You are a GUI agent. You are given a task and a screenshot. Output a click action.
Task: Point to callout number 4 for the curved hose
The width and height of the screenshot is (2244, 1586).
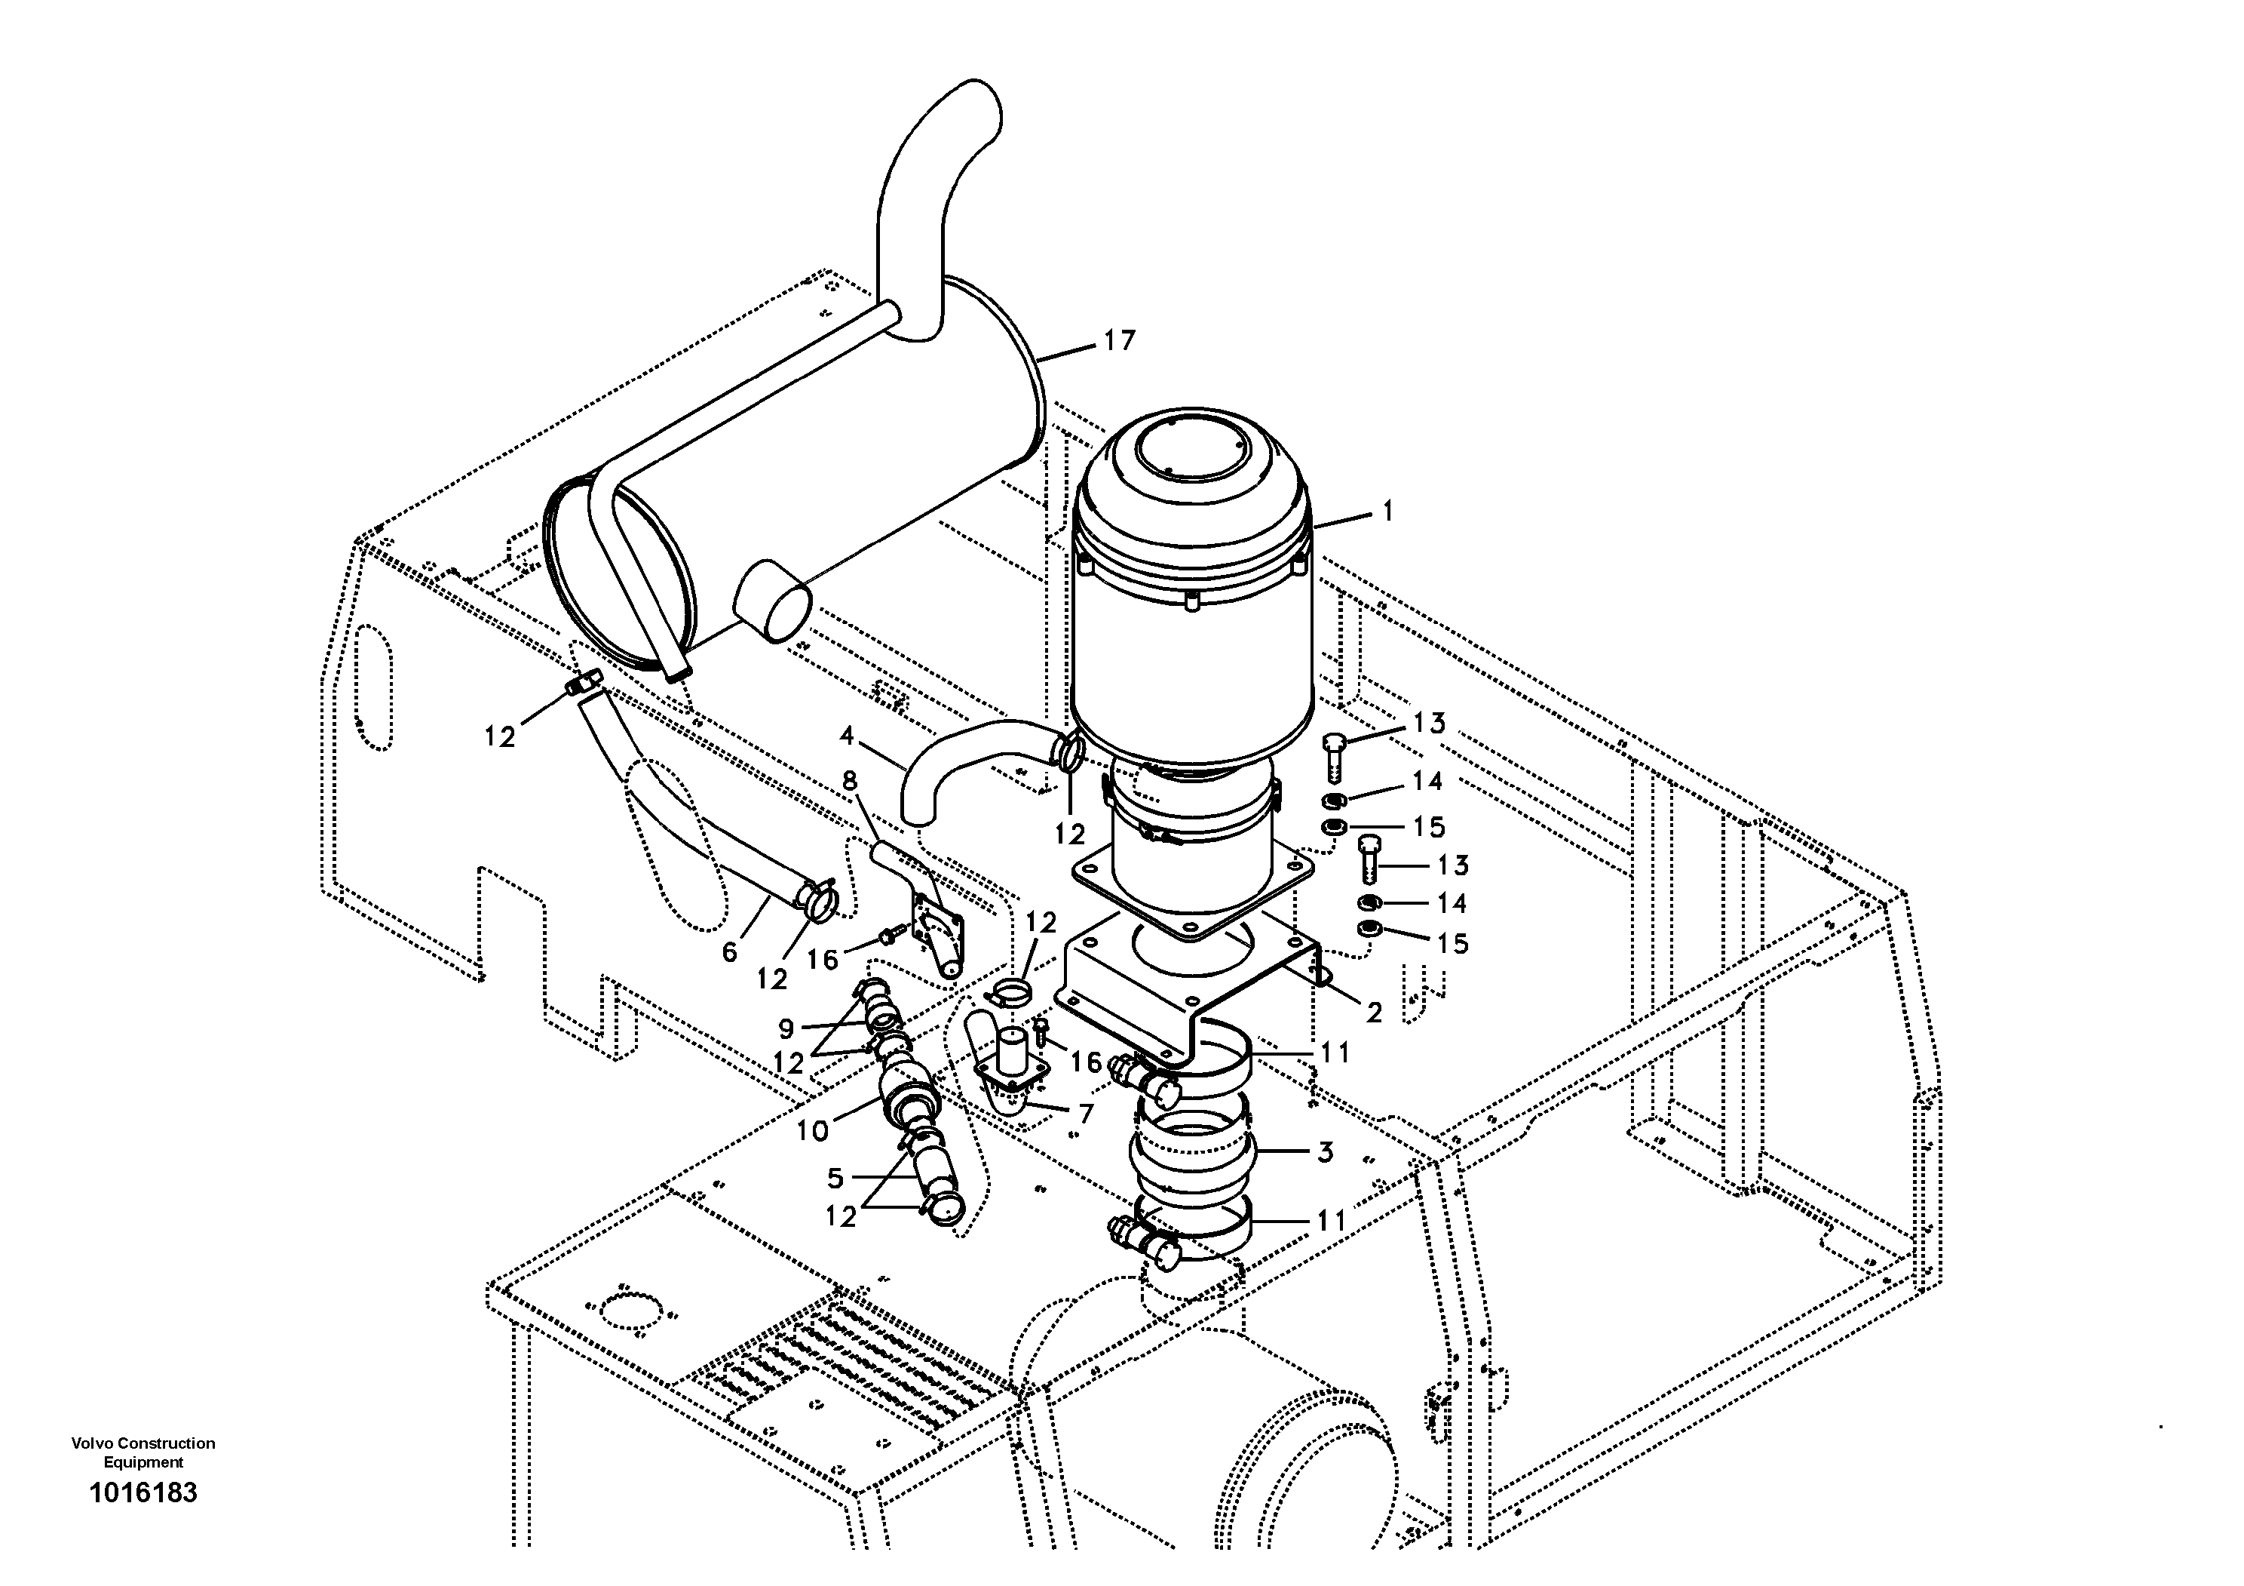(x=846, y=734)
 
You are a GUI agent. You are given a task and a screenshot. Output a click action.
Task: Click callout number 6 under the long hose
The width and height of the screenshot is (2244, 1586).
(x=729, y=951)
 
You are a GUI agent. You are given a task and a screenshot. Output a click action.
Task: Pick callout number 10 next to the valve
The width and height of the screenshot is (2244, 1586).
(x=812, y=1131)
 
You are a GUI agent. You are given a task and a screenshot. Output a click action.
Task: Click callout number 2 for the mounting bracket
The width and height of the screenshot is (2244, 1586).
(x=1373, y=1013)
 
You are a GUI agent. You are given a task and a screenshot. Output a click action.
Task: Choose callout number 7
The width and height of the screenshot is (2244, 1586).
(x=1086, y=1113)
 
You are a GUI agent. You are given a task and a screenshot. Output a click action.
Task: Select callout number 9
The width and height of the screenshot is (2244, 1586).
(x=786, y=1028)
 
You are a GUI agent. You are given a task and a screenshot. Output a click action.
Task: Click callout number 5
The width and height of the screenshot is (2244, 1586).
(x=835, y=1179)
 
